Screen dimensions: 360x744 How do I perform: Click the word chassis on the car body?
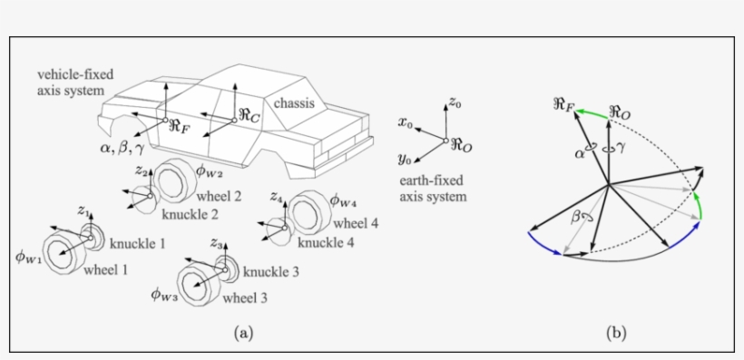295,103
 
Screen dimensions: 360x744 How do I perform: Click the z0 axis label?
455,105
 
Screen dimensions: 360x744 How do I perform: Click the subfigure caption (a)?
242,333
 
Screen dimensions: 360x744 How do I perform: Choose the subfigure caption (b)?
616,333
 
